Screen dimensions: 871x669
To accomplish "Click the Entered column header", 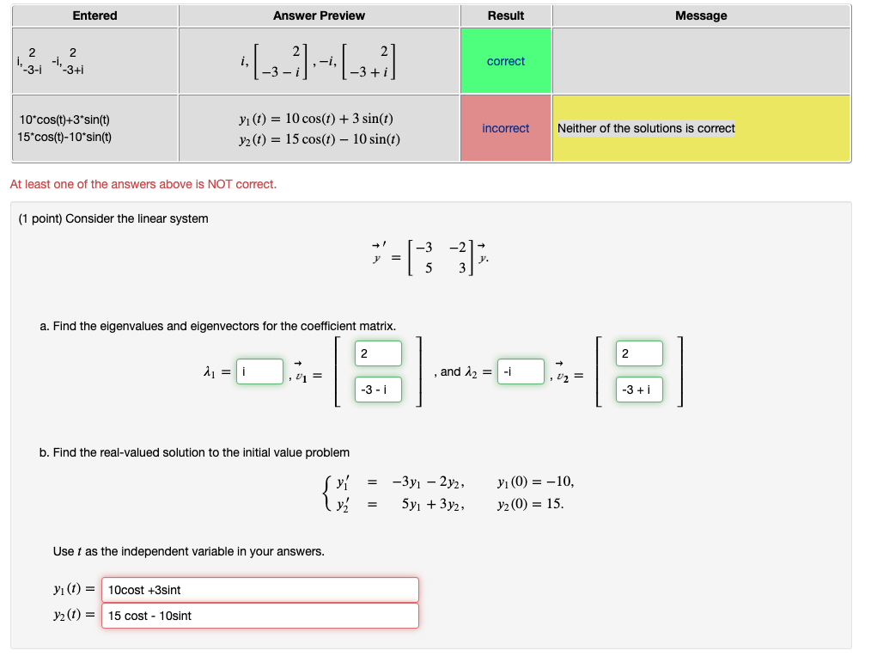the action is [x=94, y=15].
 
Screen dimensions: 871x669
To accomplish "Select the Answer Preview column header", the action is [x=319, y=15].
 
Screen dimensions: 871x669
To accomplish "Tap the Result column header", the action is [x=505, y=15].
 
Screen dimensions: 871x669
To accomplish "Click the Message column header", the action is [x=701, y=15].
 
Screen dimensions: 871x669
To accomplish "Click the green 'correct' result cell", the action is [x=505, y=61].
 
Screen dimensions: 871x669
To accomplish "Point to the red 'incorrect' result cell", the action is [x=505, y=128].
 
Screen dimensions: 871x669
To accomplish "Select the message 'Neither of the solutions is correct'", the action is [x=646, y=128].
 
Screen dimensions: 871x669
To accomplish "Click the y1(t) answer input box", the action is [x=260, y=590].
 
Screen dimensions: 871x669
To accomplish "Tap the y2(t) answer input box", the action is [x=260, y=616].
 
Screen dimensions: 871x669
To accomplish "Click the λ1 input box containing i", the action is [x=259, y=371].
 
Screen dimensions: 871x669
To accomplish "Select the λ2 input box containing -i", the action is [x=521, y=371].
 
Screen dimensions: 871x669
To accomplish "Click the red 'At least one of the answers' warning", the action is [x=143, y=184].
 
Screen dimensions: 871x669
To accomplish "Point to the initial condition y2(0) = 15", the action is [x=531, y=504].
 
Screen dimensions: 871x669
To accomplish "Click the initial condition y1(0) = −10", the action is [x=535, y=482].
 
